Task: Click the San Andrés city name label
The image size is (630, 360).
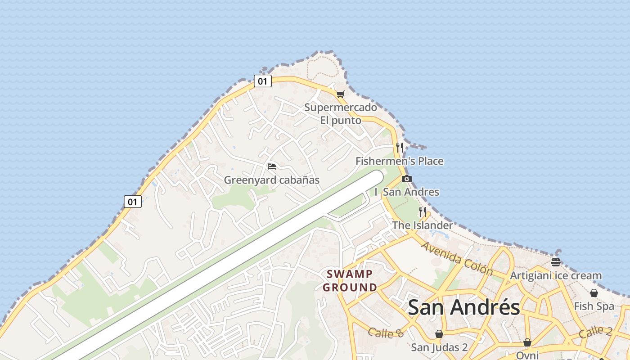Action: point(463,308)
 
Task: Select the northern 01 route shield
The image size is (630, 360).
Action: point(262,81)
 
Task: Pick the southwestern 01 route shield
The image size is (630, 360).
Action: point(132,202)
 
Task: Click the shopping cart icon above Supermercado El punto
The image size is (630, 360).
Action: point(340,94)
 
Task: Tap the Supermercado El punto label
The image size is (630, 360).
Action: point(341,114)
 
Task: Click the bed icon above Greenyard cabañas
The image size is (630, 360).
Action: point(271,166)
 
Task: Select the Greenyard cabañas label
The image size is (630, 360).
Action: point(271,180)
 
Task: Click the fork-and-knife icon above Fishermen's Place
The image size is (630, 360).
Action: point(399,147)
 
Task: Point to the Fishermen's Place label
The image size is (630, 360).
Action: point(399,161)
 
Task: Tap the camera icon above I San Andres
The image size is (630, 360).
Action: point(406,179)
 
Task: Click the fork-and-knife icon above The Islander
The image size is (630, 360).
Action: point(422,211)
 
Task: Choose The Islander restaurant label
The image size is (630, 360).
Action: point(422,225)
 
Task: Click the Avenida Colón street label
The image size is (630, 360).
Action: point(457,258)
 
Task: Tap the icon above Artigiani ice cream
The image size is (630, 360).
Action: point(555,262)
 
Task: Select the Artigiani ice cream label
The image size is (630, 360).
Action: point(555,275)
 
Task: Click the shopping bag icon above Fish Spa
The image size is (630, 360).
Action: point(594,293)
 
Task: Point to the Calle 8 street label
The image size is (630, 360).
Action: point(386,333)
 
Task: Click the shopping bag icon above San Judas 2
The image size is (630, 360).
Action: point(439,334)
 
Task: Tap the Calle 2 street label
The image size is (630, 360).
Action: point(595,332)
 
